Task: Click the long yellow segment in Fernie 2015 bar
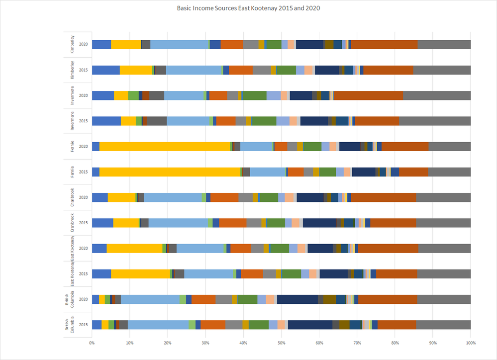pos(170,172)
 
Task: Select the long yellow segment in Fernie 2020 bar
pos(165,146)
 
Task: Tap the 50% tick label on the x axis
pos(281,343)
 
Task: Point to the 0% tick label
pos(92,343)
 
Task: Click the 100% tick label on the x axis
pos(470,343)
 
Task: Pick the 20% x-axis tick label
pos(168,343)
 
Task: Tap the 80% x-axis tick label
pos(395,343)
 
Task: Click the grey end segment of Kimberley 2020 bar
pos(444,45)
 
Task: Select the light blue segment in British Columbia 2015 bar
pos(158,325)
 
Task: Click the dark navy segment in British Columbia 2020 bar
pos(298,299)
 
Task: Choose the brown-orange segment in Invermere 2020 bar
pos(368,95)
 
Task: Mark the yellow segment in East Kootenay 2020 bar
pos(134,248)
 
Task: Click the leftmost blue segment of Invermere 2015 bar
pos(106,121)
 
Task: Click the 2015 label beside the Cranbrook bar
pos(83,223)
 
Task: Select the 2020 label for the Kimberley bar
pos(83,45)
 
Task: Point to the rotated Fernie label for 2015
pos(73,172)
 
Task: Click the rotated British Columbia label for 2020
pos(70,299)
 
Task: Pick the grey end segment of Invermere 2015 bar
pos(434,121)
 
